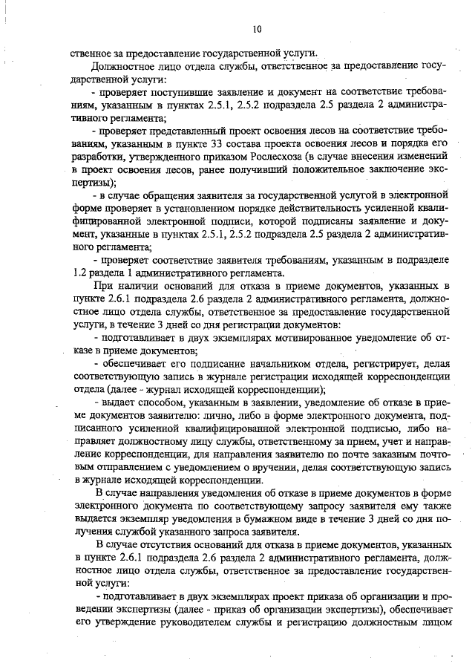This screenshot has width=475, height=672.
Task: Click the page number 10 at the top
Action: pyautogui.click(x=257, y=29)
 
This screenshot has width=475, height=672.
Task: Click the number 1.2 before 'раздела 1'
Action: pyautogui.click(x=78, y=272)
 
